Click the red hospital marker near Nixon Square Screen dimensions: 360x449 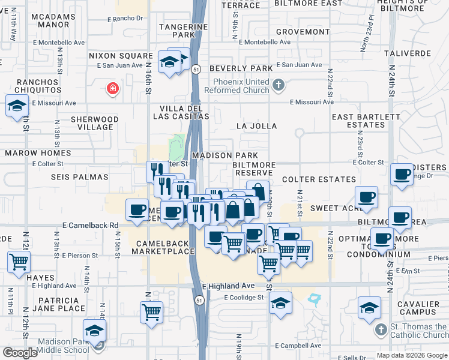[x=112, y=89]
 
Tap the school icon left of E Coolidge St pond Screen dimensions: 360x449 [x=280, y=303]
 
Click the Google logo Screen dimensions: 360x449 [x=20, y=352]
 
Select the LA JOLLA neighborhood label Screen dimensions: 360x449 [x=256, y=126]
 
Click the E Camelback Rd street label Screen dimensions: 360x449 [x=90, y=225]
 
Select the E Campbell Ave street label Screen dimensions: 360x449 [x=298, y=346]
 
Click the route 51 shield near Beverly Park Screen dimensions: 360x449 [x=196, y=70]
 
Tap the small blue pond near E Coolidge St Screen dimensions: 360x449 [x=313, y=298]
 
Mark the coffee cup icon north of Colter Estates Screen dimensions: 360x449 [x=402, y=175]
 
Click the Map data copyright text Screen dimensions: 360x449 [x=412, y=355]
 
